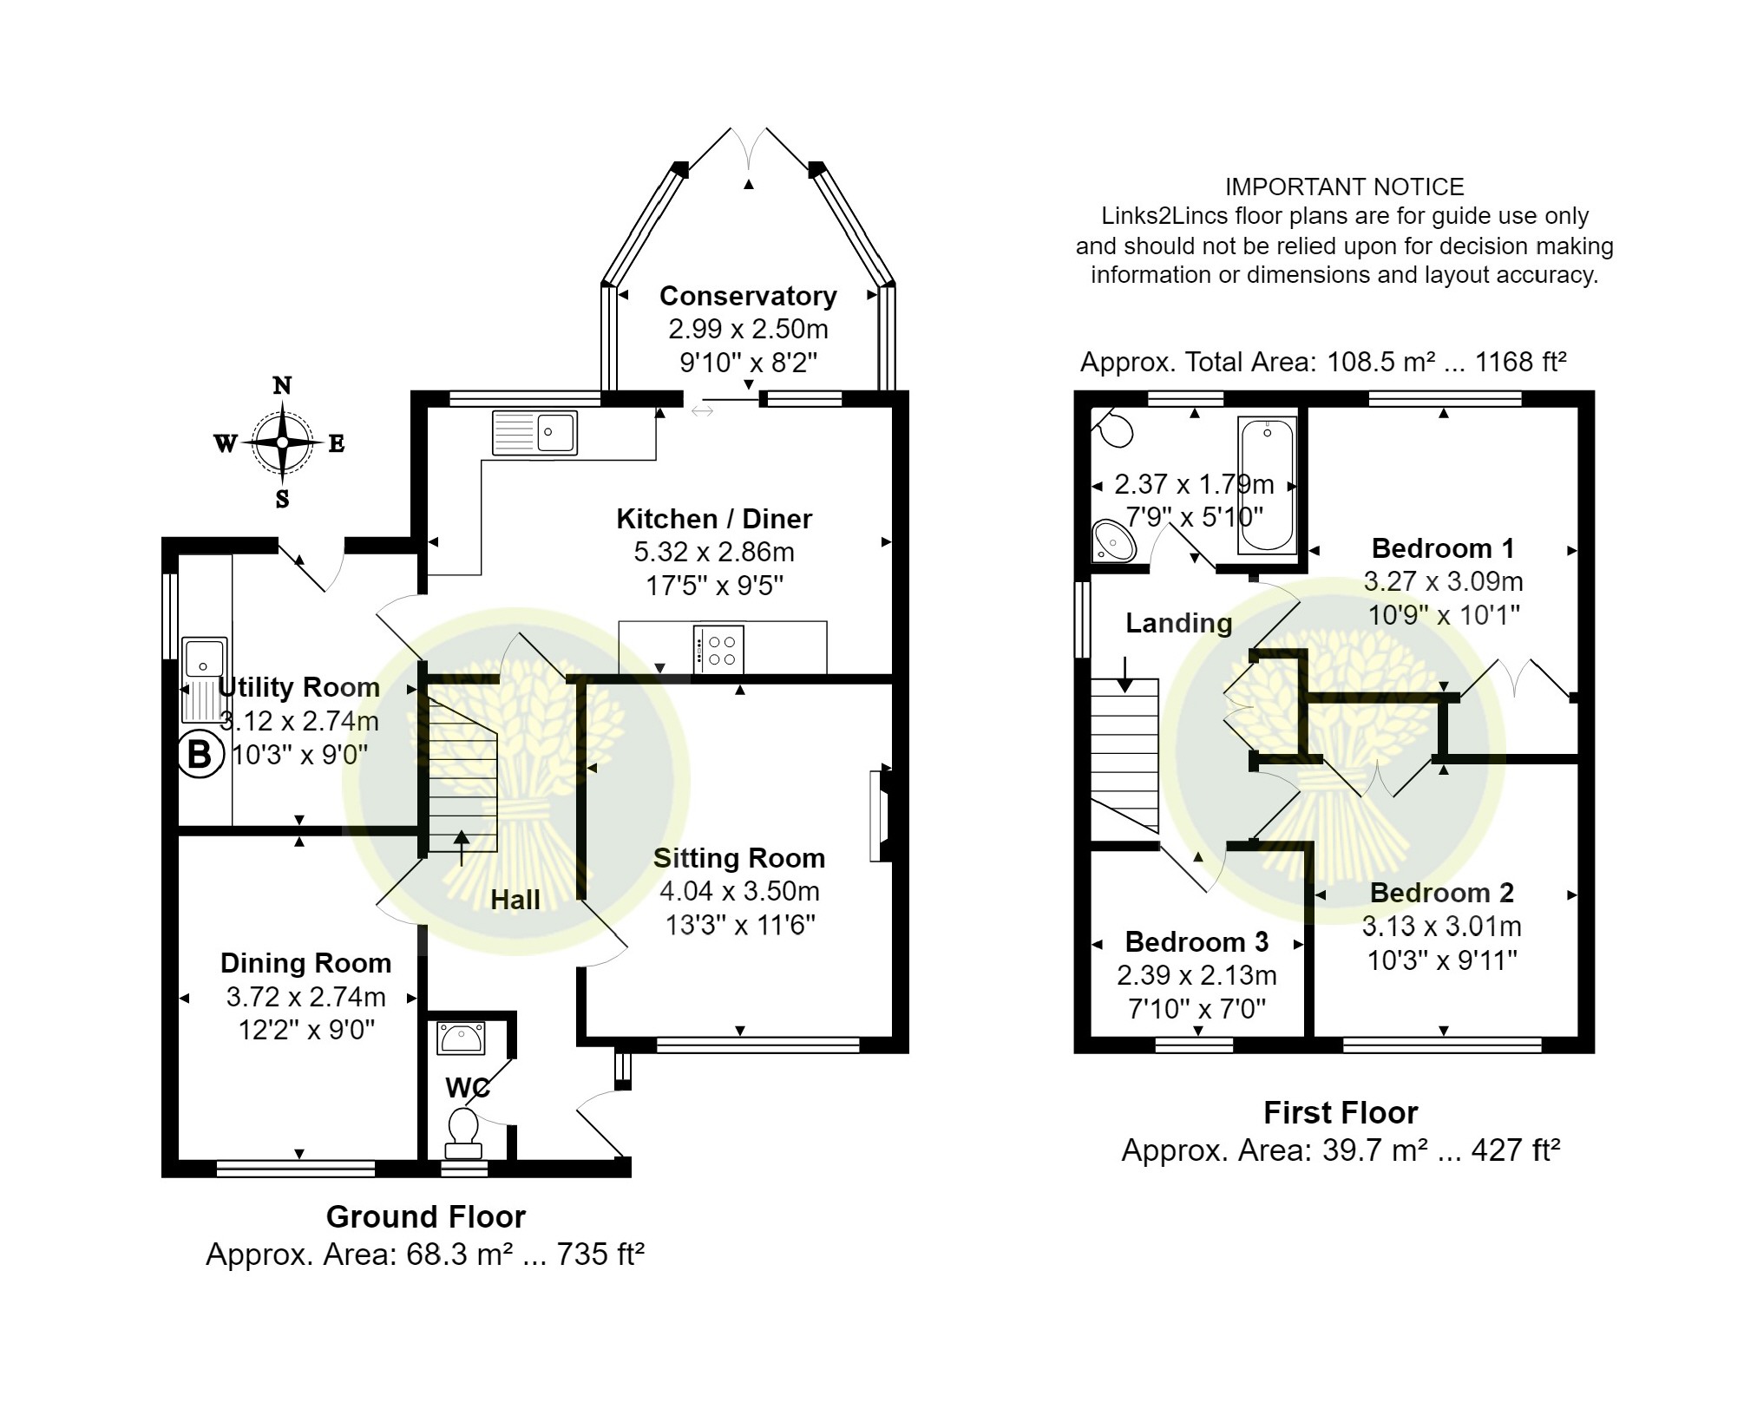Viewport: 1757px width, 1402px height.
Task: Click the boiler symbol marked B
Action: (200, 755)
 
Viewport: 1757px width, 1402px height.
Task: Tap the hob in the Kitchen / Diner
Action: (718, 649)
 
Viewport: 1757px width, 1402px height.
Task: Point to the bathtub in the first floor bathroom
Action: (1268, 485)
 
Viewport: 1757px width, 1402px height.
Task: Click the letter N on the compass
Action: (282, 385)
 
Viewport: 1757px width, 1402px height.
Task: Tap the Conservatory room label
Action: (748, 296)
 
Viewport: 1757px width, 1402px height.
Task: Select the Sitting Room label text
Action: (739, 858)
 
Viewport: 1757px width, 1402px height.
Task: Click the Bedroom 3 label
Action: (1196, 941)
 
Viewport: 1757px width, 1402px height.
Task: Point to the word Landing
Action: (1178, 623)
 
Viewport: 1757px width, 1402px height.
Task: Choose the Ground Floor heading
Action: (426, 1216)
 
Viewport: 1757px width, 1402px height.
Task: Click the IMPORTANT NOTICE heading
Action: (1344, 187)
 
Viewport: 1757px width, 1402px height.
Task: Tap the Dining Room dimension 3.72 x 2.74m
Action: (305, 997)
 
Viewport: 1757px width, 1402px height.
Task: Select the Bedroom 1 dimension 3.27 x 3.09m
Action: (1443, 581)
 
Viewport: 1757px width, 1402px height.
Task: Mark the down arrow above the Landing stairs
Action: (1124, 675)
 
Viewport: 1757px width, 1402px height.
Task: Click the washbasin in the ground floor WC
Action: (462, 1038)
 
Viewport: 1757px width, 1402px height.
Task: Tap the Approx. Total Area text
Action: (1323, 362)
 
